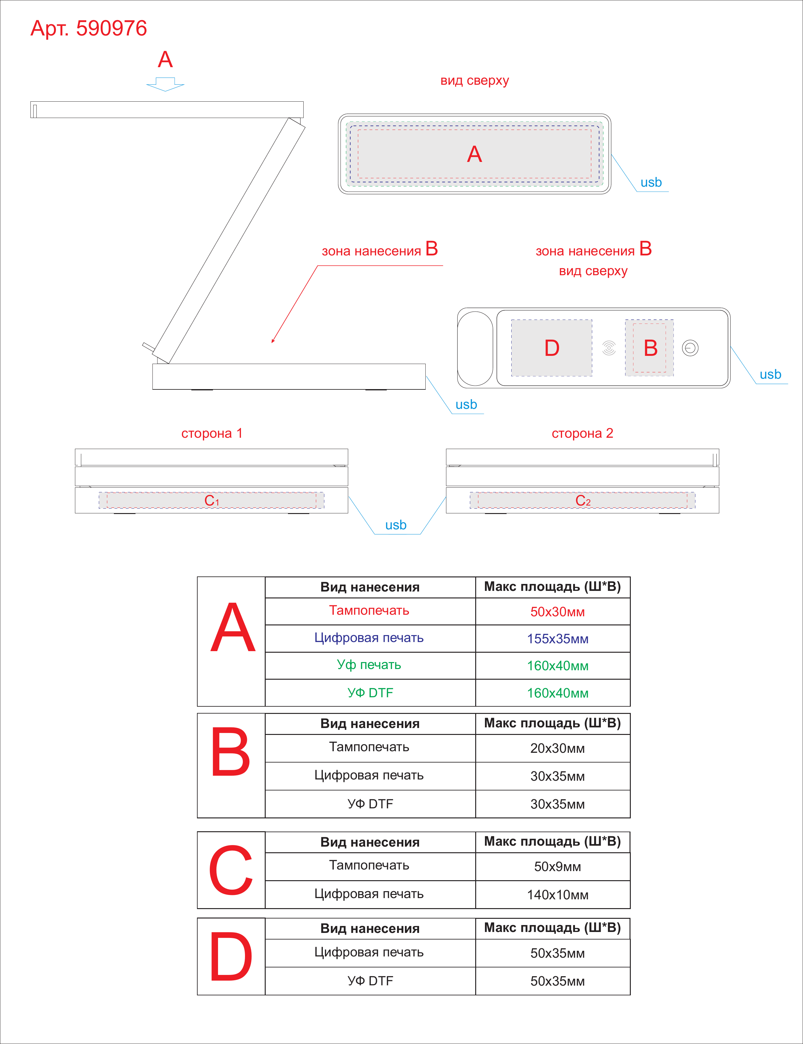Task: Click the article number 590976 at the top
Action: coord(111,28)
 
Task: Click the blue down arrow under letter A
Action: coord(165,84)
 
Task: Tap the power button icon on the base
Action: coord(690,348)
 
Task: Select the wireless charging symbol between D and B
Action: coord(609,348)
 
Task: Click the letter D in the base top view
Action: coord(552,348)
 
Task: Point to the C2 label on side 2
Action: coord(583,501)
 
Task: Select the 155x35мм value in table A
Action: coord(557,639)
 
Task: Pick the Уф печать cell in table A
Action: coord(369,665)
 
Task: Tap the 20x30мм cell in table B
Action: coord(557,748)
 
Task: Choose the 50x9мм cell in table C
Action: coord(557,867)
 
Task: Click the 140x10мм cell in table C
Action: coord(557,895)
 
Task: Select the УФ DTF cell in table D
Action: coord(370,981)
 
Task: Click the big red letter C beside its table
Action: coord(231,870)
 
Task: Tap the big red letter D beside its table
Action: coord(231,956)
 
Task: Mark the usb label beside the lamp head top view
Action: coord(651,183)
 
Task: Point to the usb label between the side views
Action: coord(396,525)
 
